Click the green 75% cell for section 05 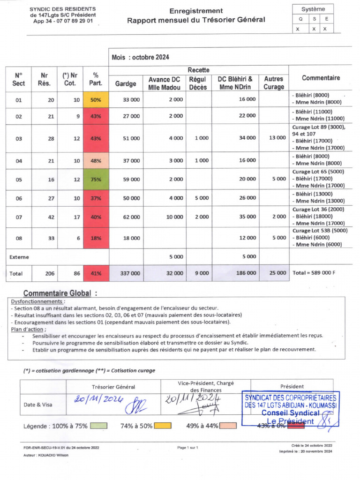pos(96,179)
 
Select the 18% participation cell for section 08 pos(96,238)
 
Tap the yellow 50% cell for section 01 pos(96,100)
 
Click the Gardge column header pos(126,83)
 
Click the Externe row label pos(19,257)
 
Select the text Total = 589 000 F pos(314,273)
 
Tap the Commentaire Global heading pos(60,293)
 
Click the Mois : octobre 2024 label pos(140,57)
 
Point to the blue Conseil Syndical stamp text pos(290,413)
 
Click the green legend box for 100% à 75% pos(97,426)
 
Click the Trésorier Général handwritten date pos(98,399)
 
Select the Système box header pos(314,9)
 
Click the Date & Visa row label pos(38,404)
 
